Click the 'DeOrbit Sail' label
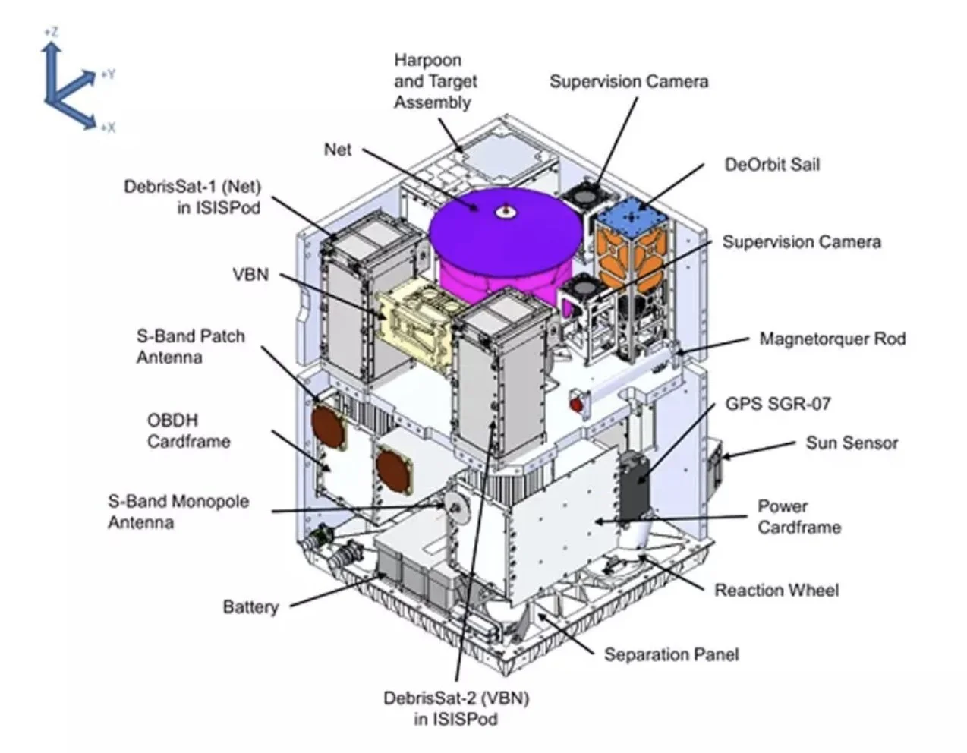772,165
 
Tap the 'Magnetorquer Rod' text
833,339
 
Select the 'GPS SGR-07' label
778,403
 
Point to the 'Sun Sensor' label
852,443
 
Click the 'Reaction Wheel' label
776,590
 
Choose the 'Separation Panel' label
671,654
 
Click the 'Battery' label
250,606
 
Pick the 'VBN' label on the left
250,273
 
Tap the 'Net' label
338,149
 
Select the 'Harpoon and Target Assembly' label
436,81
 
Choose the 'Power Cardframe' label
799,516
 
